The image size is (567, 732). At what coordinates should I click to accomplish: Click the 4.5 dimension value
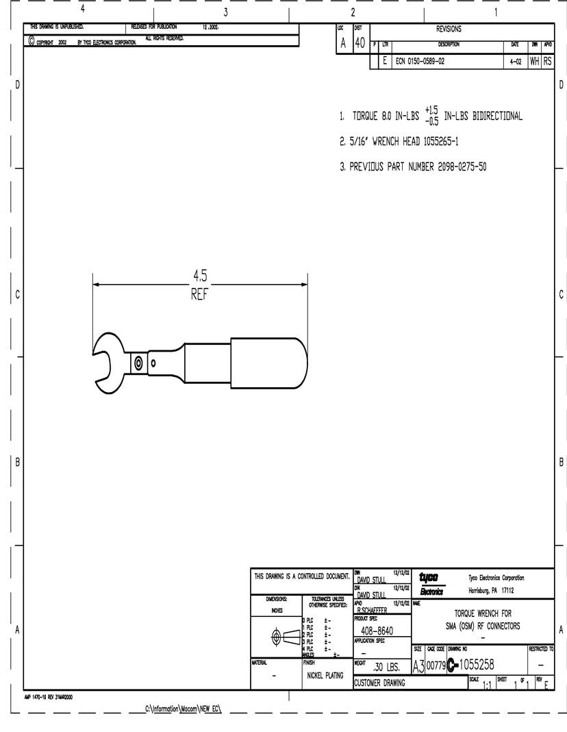point(199,276)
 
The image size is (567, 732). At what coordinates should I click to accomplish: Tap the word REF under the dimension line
point(199,295)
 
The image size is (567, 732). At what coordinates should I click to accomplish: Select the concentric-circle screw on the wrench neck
point(138,363)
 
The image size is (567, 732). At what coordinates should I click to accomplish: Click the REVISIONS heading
point(449,29)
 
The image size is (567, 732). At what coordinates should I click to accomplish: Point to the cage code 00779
point(436,665)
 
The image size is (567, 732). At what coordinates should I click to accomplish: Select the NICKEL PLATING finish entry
point(325,675)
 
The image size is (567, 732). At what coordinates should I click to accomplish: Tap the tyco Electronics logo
point(431,583)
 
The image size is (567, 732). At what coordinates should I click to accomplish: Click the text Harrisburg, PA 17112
point(491,591)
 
